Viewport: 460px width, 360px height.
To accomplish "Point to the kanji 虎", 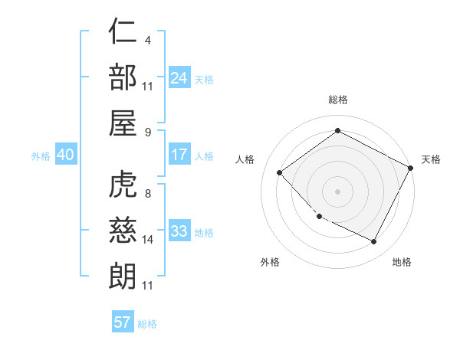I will pos(123,186).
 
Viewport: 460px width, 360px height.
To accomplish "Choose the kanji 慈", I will pos(123,231).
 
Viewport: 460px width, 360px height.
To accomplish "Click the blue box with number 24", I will pos(179,78).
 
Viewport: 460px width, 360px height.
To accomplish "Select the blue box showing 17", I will pos(179,155).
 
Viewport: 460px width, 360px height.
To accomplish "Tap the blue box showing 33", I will pos(179,231).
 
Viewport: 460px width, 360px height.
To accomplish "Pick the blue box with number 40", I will pos(66,155).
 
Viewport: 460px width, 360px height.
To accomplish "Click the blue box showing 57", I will pos(123,322).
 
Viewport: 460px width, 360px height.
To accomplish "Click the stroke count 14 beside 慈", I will pos(149,240).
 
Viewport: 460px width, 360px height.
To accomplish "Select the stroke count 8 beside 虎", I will pos(146,194).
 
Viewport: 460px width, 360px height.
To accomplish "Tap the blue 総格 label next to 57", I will pos(147,324).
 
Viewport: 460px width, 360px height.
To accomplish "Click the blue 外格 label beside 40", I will pos(41,156).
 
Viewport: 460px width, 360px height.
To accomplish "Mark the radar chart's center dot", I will pos(337,191).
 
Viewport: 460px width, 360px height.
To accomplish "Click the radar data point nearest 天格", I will pos(412,168).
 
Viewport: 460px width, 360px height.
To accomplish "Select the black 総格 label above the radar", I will pos(338,100).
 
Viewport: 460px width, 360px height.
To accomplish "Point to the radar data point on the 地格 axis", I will pos(374,242).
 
